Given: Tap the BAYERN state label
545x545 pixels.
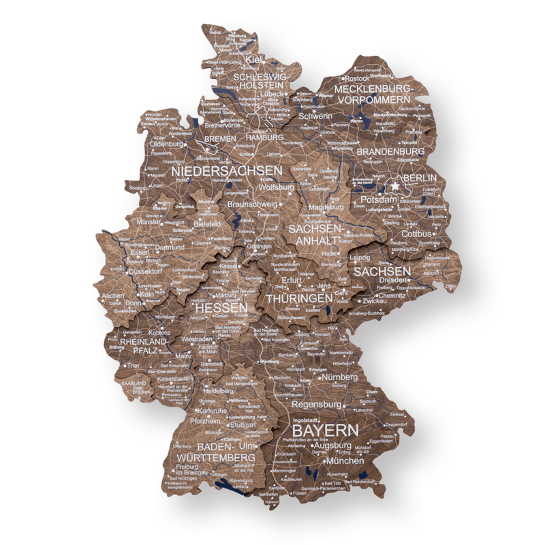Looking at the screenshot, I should click(325, 431).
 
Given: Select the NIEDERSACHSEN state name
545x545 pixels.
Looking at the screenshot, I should click(227, 170).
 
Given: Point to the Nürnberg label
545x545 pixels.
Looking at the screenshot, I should click(339, 377).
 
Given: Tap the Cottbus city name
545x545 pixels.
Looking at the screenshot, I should click(418, 234).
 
